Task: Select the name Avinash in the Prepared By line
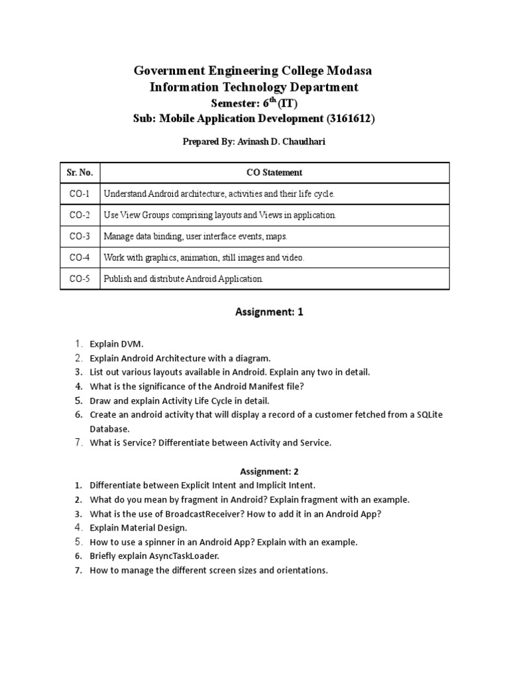(245, 143)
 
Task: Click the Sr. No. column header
(80, 172)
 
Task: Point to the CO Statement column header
(274, 172)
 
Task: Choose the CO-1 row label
(80, 194)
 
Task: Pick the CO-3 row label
(80, 236)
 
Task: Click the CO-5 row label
(80, 278)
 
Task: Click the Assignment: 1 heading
(260, 312)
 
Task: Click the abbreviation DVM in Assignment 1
(132, 343)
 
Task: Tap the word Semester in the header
(235, 103)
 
